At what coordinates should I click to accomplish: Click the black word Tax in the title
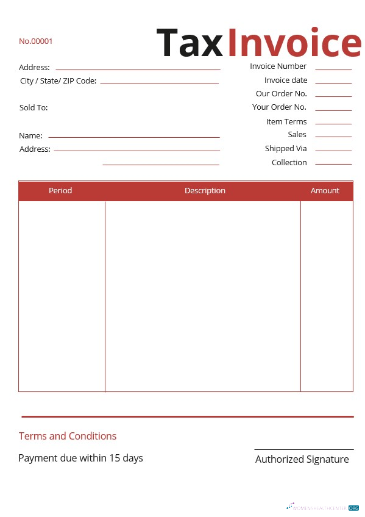[x=190, y=43]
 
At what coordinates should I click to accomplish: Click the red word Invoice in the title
[x=294, y=43]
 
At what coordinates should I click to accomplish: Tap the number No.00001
[x=36, y=41]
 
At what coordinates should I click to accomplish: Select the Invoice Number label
[x=278, y=66]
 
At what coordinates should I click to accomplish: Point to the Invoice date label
[x=286, y=80]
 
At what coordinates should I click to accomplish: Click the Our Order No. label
[x=282, y=94]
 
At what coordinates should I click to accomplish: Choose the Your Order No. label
[x=279, y=107]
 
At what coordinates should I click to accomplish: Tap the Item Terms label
[x=286, y=122]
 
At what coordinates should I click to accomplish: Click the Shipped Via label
[x=286, y=149]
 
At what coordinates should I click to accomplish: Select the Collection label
[x=289, y=163]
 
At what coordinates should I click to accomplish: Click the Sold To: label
[x=34, y=108]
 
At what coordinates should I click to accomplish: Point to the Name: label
[x=30, y=136]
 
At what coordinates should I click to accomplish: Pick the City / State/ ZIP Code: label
[x=58, y=81]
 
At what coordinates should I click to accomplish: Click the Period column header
[x=60, y=191]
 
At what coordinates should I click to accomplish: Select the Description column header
[x=205, y=191]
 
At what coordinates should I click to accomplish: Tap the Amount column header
[x=325, y=191]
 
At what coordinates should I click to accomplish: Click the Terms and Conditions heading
[x=68, y=436]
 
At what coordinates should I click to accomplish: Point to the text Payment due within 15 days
[x=80, y=458]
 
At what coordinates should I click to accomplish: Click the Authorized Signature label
[x=302, y=459]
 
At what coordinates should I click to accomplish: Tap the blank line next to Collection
[x=333, y=163]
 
